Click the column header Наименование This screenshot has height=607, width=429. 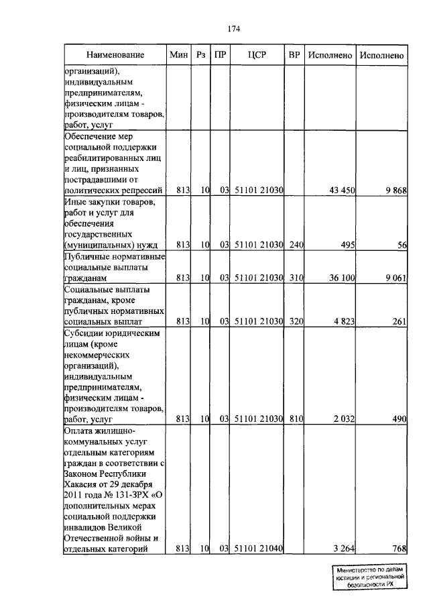[115, 54]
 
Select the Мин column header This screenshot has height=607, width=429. [179, 54]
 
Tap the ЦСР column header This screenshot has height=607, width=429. [257, 54]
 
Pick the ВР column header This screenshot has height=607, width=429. [294, 54]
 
